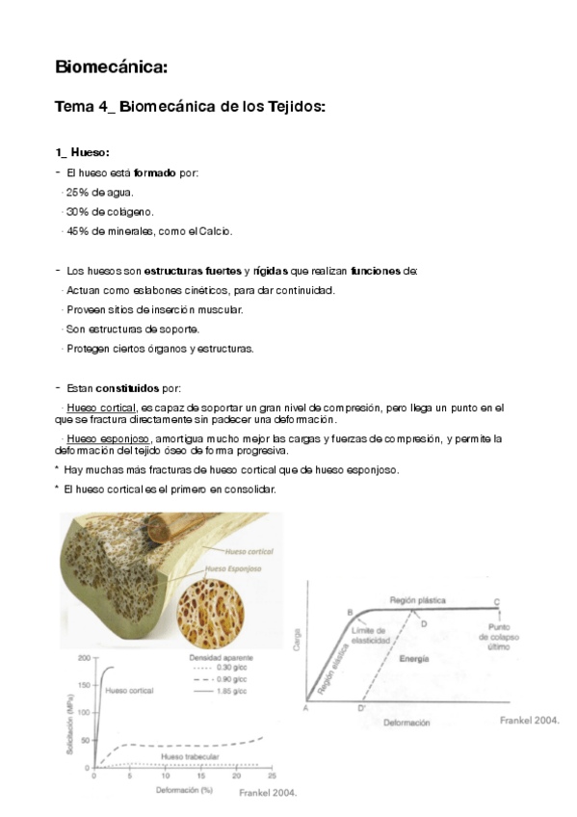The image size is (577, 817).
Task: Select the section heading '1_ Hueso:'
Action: [83, 152]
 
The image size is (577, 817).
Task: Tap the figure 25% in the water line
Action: [77, 192]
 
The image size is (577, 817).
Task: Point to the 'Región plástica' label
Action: [417, 600]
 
